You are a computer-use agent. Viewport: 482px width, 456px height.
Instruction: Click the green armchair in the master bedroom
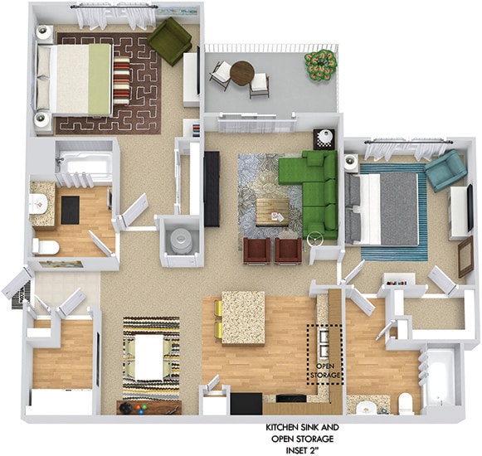click(x=170, y=41)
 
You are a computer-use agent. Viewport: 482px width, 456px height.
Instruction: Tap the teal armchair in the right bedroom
click(x=445, y=170)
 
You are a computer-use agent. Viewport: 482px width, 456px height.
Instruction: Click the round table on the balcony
click(x=241, y=73)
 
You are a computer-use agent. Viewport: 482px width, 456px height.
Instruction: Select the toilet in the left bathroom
click(x=46, y=246)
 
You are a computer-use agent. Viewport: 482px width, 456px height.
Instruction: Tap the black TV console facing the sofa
click(x=212, y=188)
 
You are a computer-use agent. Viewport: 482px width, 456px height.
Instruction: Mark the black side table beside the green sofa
click(x=324, y=138)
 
